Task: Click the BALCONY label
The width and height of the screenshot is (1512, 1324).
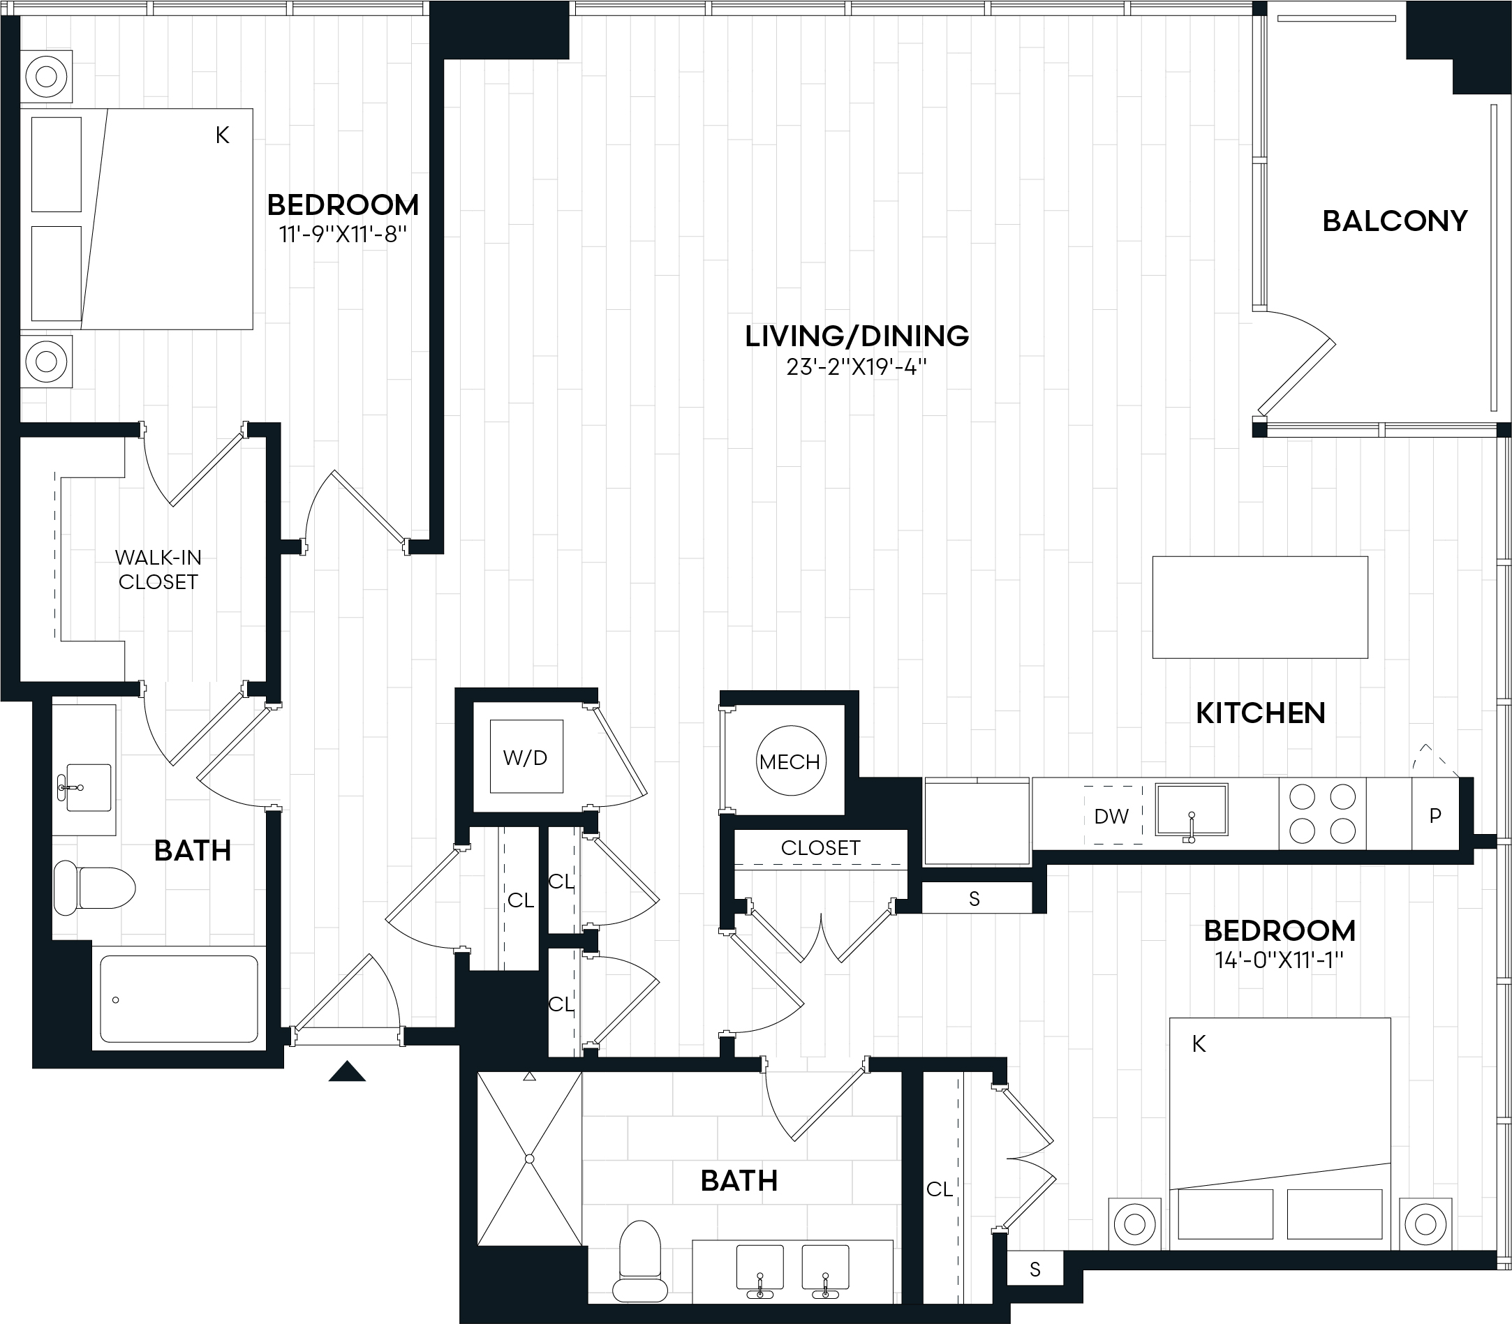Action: pos(1394,221)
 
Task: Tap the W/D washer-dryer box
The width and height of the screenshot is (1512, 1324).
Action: pos(526,757)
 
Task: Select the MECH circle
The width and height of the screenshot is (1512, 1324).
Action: pos(790,761)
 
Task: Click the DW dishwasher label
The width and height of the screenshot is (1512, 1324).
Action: pos(1111,817)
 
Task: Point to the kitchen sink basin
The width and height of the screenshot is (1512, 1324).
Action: pos(1192,809)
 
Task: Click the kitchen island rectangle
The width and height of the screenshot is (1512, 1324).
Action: pos(1259,607)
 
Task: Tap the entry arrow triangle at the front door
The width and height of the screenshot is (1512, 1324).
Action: pos(347,1072)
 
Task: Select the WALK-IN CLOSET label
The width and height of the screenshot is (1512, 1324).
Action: pos(158,570)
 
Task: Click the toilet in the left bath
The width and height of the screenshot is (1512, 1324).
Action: pos(95,887)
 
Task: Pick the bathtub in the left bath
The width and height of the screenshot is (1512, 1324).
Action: pos(179,999)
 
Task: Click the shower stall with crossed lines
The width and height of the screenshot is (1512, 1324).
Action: pos(529,1159)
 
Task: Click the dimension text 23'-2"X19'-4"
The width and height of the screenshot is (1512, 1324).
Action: pos(856,367)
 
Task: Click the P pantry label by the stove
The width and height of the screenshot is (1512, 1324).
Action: pos(1435,816)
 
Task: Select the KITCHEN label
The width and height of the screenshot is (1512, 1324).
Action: pos(1260,713)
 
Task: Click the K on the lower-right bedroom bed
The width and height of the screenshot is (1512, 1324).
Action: pos(1199,1044)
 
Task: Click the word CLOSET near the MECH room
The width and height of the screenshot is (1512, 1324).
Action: pos(820,847)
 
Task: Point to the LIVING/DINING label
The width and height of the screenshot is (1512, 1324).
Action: pos(857,336)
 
